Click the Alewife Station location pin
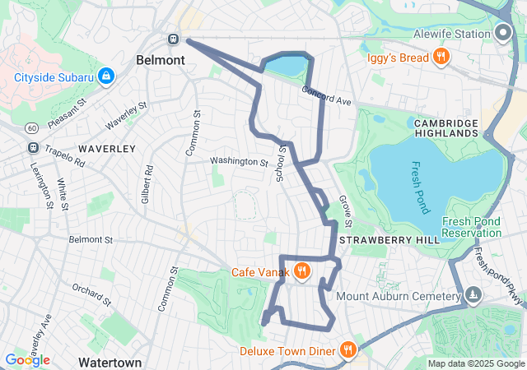click(504, 34)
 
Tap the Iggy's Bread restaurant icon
click(441, 57)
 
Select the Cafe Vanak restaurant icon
click(302, 271)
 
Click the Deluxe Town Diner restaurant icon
click(347, 350)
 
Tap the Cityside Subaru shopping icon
click(105, 77)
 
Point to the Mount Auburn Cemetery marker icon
click(473, 294)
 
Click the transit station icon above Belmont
click(174, 39)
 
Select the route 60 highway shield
click(30, 128)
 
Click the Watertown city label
click(110, 362)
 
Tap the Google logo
click(27, 360)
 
